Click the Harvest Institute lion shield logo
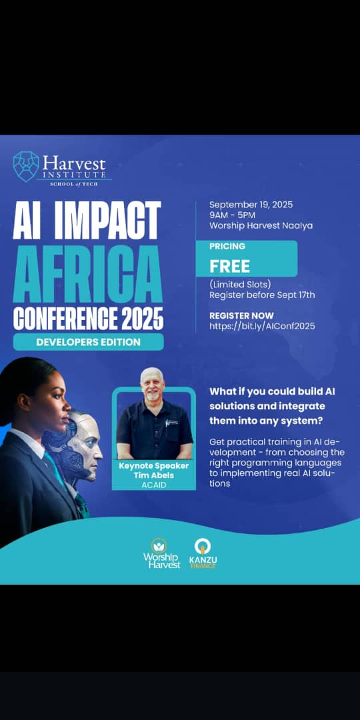coord(26,167)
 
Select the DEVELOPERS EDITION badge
coord(89,342)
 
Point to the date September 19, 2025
coord(251,205)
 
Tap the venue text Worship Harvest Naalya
coord(261,225)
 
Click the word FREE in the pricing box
coord(230,266)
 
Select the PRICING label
coord(227,247)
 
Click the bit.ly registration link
coord(262,326)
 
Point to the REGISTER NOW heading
coord(241,315)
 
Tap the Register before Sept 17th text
coord(262,295)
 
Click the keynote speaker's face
coord(153,385)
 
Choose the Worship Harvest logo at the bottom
coord(161,553)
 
